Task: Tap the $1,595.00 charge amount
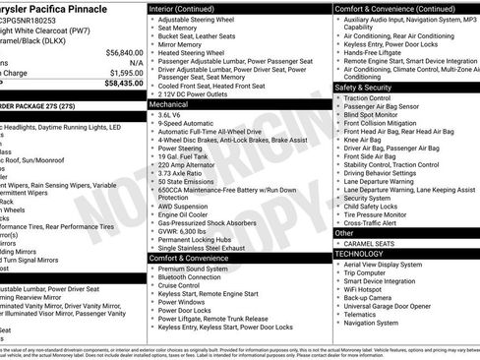[x=124, y=72]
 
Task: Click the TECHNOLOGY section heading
[x=360, y=254]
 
